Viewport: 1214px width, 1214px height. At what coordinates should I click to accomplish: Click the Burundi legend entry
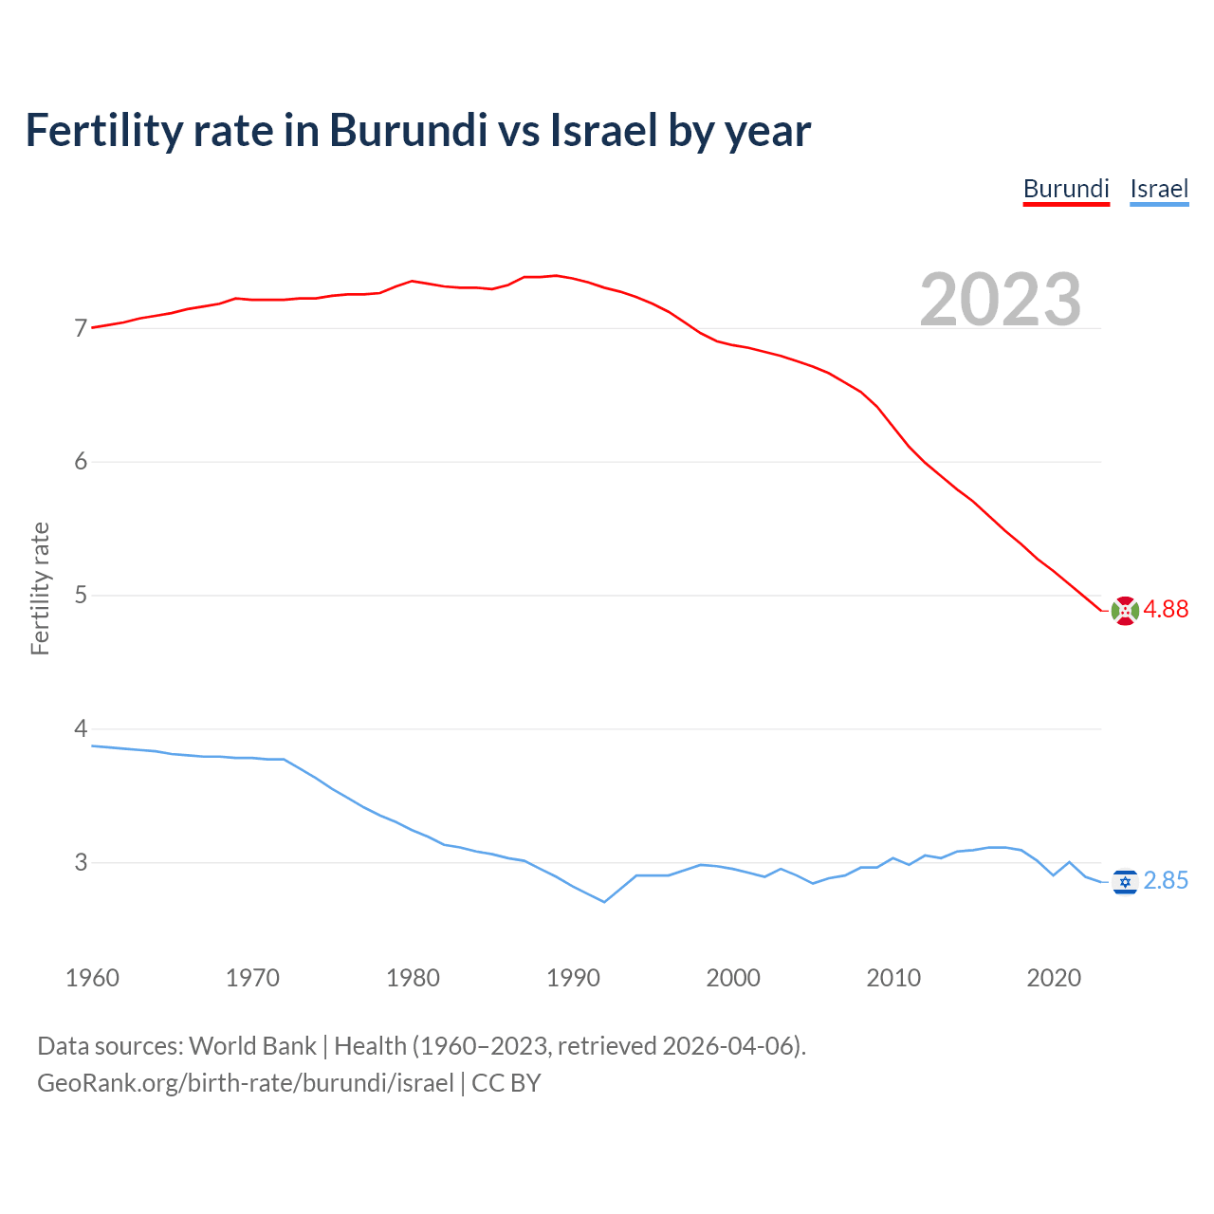pyautogui.click(x=1066, y=189)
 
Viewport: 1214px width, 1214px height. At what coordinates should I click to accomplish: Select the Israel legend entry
pyautogui.click(x=1159, y=189)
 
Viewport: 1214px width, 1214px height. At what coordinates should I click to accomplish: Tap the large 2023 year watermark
pyautogui.click(x=1001, y=300)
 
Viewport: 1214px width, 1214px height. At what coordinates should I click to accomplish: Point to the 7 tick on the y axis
pyautogui.click(x=81, y=329)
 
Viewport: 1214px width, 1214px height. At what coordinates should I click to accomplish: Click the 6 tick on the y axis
pyautogui.click(x=81, y=462)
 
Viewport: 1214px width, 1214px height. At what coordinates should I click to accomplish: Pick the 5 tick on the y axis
pyautogui.click(x=81, y=596)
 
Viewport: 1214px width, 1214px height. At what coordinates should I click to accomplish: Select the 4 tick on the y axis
pyautogui.click(x=81, y=729)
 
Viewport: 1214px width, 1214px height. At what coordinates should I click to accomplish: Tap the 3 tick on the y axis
pyautogui.click(x=81, y=863)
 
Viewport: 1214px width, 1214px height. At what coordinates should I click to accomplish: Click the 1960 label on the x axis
pyautogui.click(x=92, y=978)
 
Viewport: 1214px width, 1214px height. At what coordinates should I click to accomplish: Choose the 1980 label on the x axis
pyautogui.click(x=413, y=978)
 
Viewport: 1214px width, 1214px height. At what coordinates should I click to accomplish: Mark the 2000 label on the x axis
pyautogui.click(x=733, y=978)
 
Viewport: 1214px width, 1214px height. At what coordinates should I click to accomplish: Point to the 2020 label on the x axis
pyautogui.click(x=1054, y=978)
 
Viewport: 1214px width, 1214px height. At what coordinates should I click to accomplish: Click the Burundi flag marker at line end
pyautogui.click(x=1125, y=611)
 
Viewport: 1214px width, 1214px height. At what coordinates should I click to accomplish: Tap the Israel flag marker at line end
pyautogui.click(x=1125, y=882)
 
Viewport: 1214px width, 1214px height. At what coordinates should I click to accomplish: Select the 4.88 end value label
pyautogui.click(x=1166, y=610)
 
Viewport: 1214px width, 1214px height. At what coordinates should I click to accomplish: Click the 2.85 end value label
pyautogui.click(x=1166, y=881)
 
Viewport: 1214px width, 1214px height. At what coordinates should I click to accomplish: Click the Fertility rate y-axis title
pyautogui.click(x=40, y=588)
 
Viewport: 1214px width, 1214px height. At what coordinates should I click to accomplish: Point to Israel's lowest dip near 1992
pyautogui.click(x=604, y=901)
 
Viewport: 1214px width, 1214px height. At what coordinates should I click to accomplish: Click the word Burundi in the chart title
pyautogui.click(x=408, y=131)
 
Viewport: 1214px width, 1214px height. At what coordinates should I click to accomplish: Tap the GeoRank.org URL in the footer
pyautogui.click(x=246, y=1083)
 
